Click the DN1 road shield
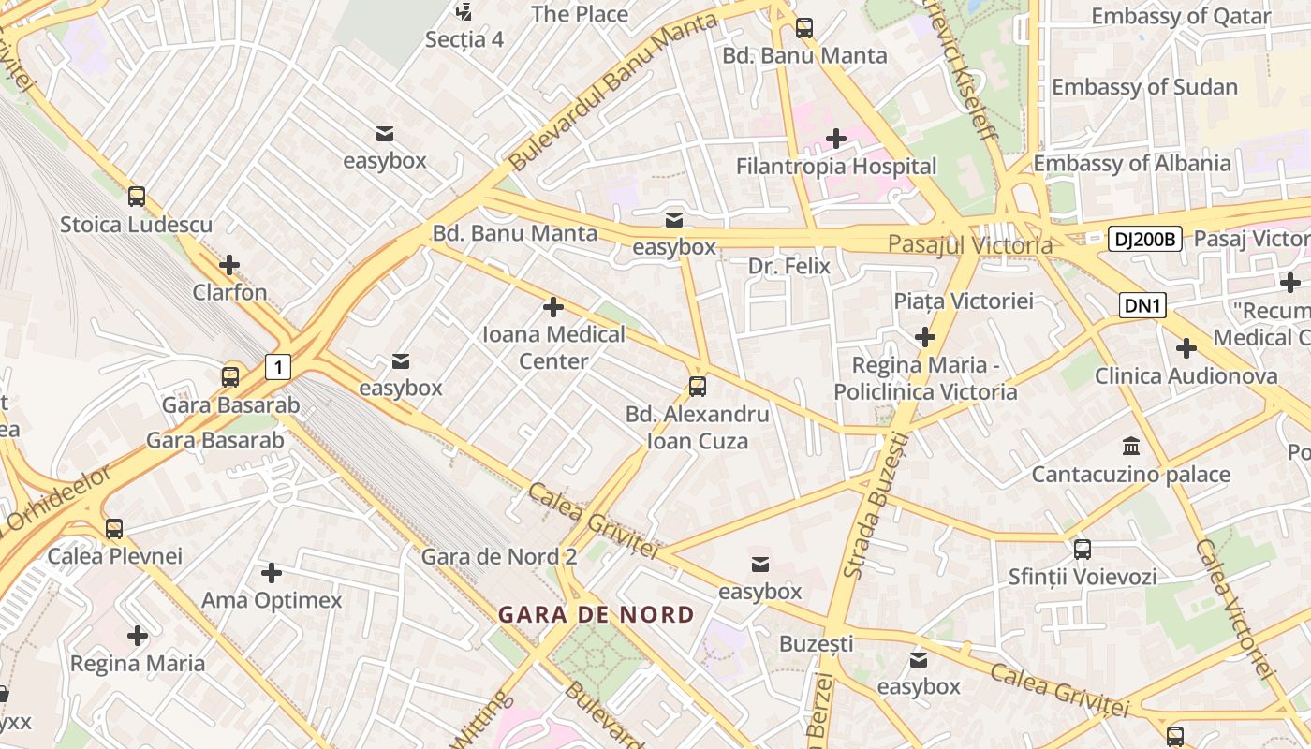click(1142, 304)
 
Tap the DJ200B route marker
click(1144, 239)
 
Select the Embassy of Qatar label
click(1181, 17)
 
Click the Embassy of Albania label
click(1131, 163)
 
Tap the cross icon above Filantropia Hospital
click(835, 140)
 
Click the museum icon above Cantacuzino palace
click(1130, 446)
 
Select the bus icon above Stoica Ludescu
click(137, 197)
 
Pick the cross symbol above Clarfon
click(229, 265)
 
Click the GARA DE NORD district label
click(596, 615)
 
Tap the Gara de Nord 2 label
click(498, 556)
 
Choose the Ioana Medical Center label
click(553, 347)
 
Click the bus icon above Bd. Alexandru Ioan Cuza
click(697, 386)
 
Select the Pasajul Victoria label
click(969, 245)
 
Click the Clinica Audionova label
click(1186, 376)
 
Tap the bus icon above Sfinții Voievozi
click(1082, 550)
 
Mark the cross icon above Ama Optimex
click(272, 572)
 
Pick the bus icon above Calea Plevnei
click(114, 529)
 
